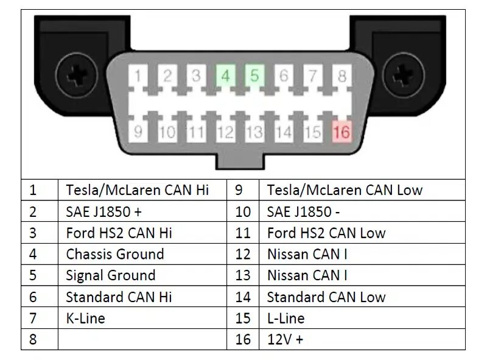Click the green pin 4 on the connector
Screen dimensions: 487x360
(x=225, y=77)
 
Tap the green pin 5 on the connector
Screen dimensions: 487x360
(x=254, y=77)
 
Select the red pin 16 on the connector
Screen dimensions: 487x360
(x=342, y=131)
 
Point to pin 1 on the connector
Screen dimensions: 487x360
(x=138, y=77)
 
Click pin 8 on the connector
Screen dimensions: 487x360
(x=342, y=77)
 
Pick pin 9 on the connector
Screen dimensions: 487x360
(x=138, y=131)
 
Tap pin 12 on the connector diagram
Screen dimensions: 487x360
(x=225, y=131)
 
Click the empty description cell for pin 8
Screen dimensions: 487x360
(x=142, y=339)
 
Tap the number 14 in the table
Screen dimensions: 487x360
(x=243, y=297)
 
